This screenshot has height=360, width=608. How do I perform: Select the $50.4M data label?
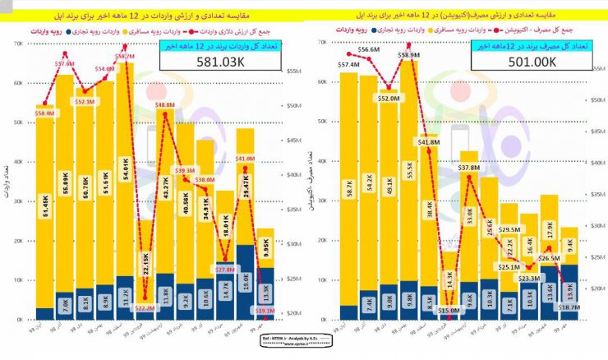coord(44,113)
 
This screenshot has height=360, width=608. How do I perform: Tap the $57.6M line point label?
coord(65,63)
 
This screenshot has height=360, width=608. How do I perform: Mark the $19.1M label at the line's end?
coord(264,312)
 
